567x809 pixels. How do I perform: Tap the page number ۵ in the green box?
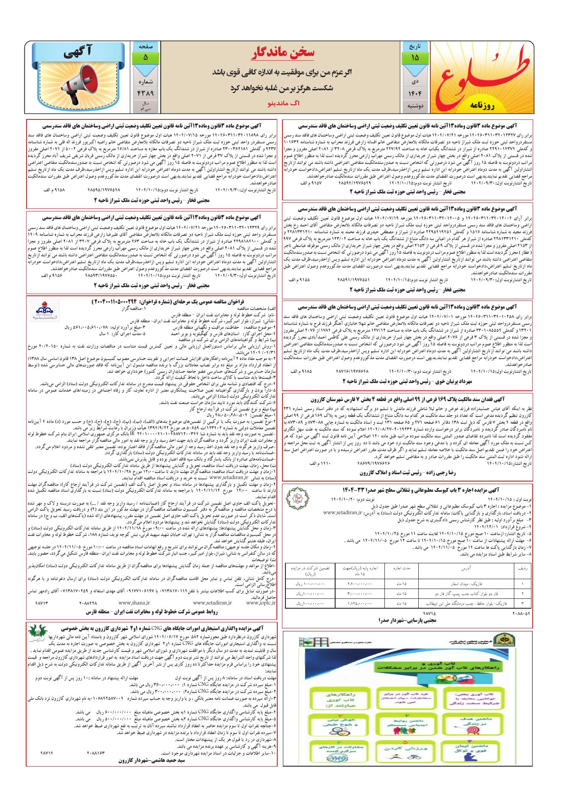pos(145,57)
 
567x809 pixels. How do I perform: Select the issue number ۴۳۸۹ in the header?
pos(145,92)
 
